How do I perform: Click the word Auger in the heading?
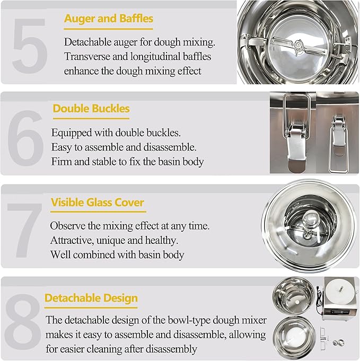[79, 19]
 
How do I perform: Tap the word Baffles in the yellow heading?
[134, 19]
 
